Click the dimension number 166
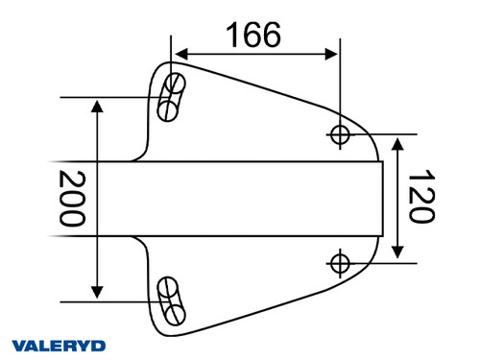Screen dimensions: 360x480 [x=253, y=35]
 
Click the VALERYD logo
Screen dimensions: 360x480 [x=58, y=345]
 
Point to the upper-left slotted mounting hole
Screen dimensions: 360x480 [x=172, y=96]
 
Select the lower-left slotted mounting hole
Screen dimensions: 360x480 [x=171, y=300]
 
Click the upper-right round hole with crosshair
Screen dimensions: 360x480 [x=339, y=133]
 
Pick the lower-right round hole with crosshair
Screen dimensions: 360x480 [x=339, y=261]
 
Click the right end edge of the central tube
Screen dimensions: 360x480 [x=383, y=198]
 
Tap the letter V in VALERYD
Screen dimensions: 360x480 [x=18, y=345]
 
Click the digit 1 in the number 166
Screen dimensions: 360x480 [x=231, y=35]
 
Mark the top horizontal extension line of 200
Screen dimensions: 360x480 [x=106, y=97]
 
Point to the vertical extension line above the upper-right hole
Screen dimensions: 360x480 [x=339, y=86]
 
